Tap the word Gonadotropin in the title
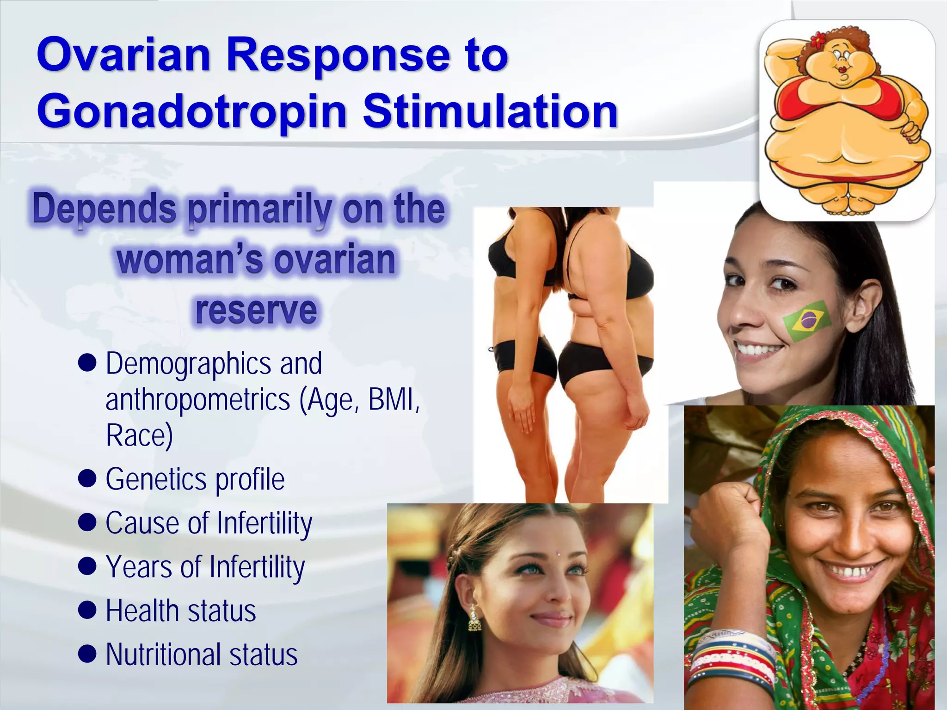tap(191, 111)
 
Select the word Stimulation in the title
tap(490, 111)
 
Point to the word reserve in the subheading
tap(256, 310)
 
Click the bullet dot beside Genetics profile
tap(87, 478)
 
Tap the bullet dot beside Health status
tap(87, 610)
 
